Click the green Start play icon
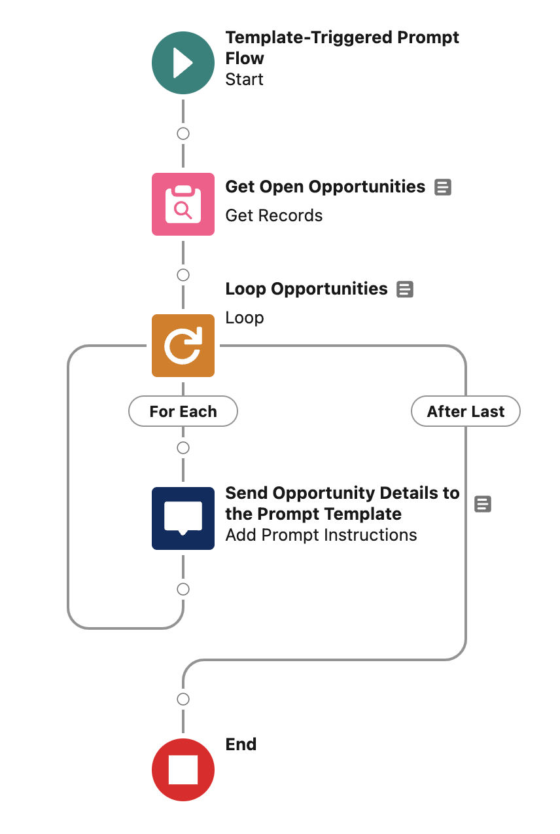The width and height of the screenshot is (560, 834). (183, 63)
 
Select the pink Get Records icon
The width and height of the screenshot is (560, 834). (183, 204)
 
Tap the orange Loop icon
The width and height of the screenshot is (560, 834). (183, 346)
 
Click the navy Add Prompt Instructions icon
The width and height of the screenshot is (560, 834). (183, 518)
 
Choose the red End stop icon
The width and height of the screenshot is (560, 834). (183, 770)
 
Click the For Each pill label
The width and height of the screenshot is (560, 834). (183, 412)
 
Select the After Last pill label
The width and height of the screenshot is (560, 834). (466, 412)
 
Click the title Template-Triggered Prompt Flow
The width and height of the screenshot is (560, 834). (341, 48)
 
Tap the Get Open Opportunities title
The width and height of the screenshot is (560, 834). (325, 187)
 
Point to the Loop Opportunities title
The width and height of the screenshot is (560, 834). (306, 289)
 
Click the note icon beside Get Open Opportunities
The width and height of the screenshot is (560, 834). (443, 187)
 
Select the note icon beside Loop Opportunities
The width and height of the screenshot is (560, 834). (406, 289)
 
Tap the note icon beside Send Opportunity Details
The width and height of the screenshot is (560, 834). (483, 504)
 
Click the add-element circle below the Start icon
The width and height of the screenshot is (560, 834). (183, 134)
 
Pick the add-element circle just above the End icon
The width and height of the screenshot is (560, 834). (183, 699)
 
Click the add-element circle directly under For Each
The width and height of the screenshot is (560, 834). (183, 448)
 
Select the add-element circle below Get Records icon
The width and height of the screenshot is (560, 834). (183, 275)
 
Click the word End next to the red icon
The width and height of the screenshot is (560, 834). (241, 744)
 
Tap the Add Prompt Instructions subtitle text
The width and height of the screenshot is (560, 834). (321, 535)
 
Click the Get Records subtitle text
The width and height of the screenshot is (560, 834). (273, 215)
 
